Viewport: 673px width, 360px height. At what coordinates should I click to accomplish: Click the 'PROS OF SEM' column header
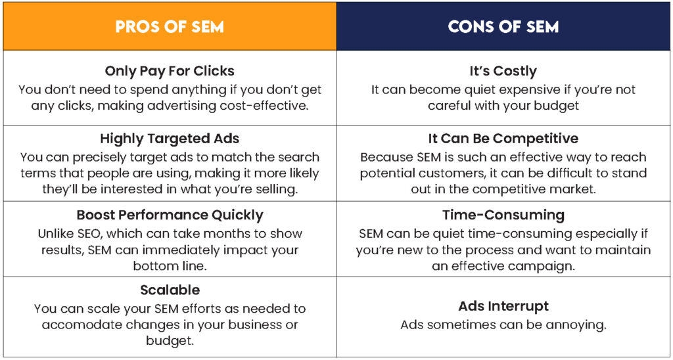coord(170,26)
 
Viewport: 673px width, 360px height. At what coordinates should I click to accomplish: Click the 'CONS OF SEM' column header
coord(503,26)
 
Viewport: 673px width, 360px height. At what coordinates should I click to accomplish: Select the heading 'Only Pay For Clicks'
coord(170,71)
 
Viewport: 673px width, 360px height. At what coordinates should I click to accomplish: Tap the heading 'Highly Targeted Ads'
coord(170,139)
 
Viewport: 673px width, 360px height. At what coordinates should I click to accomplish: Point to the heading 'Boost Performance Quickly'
coord(170,215)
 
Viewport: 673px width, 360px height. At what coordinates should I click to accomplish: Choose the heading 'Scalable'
coord(170,290)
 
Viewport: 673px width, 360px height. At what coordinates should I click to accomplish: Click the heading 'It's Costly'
coord(503,71)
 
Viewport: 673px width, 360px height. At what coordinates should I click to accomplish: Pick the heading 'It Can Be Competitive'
coord(503,139)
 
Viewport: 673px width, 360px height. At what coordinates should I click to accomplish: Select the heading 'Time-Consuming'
coord(503,215)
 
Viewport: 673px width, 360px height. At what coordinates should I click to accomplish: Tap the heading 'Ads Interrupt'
coord(503,306)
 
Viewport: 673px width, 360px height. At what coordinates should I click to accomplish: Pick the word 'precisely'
coord(99,158)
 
